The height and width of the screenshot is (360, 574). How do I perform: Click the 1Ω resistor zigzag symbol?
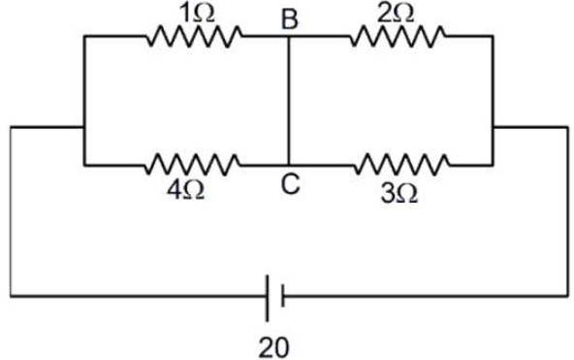194,36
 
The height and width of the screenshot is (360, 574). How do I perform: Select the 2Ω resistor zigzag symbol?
398,36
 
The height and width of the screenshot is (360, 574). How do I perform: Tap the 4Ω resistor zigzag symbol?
193,165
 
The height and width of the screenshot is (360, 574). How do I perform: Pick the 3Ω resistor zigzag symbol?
402,165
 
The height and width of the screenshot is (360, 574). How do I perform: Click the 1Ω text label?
197,14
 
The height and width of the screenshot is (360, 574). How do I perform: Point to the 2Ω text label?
396,14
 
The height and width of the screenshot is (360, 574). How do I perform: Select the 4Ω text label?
185,190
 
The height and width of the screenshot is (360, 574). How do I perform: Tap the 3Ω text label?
399,194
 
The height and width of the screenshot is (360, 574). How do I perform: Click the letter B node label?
290,19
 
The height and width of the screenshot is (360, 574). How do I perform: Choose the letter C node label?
291,183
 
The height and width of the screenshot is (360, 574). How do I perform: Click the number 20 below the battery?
273,347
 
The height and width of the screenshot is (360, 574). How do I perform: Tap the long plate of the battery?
268,298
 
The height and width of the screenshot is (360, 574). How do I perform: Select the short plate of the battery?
282,295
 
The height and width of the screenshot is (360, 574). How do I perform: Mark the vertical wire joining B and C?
289,101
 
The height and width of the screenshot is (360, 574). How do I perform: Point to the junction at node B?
289,36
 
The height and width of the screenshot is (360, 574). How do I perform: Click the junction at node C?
289,165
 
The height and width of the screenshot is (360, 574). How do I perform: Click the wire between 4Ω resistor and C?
265,165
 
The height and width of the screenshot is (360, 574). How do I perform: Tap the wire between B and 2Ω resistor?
320,36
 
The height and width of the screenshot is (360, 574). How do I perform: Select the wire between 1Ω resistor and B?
266,36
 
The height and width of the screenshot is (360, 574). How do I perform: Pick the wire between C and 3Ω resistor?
322,165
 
